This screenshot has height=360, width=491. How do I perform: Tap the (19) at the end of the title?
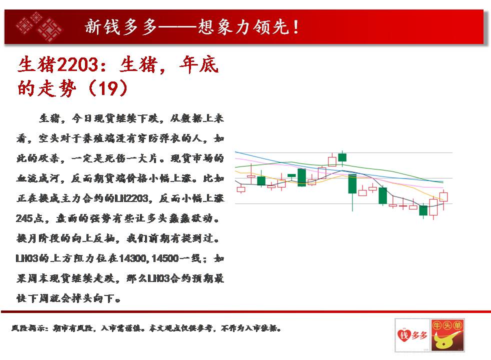(108, 88)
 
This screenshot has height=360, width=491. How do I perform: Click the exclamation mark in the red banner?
(295, 27)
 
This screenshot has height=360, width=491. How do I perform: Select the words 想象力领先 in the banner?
(243, 27)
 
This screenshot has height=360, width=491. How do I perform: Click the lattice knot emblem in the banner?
(39, 26)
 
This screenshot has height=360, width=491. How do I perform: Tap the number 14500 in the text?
(165, 258)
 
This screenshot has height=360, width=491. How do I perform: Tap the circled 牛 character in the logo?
(437, 325)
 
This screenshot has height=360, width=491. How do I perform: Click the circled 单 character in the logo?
(458, 325)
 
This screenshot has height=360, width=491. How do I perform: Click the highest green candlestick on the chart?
(342, 157)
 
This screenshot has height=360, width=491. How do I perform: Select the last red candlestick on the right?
(443, 197)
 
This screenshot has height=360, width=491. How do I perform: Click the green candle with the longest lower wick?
(352, 184)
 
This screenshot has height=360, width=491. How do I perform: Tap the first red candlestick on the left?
(241, 189)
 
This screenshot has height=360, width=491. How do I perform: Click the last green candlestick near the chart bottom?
(423, 210)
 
